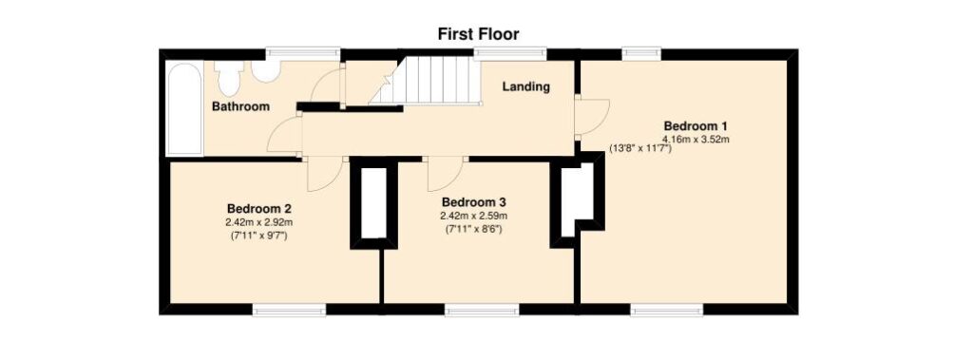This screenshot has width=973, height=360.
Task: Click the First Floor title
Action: [479, 33]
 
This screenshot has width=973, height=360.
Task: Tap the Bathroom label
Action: [240, 106]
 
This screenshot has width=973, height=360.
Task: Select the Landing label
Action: [526, 86]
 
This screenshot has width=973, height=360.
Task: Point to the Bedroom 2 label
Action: [259, 208]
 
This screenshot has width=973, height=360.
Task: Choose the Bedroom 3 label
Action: [474, 202]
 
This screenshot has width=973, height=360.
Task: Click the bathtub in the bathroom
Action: [184, 108]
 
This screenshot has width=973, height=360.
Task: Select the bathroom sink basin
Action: [266, 71]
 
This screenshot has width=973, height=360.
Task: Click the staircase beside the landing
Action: [426, 81]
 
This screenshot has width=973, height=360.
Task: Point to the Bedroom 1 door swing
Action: [591, 116]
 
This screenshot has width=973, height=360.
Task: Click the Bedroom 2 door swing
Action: [324, 175]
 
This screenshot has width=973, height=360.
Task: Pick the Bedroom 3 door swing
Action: [446, 175]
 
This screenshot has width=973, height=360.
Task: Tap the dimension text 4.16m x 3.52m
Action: [696, 139]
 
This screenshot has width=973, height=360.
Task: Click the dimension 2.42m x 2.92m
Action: [259, 221]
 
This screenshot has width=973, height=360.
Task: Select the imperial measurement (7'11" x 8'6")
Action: [474, 229]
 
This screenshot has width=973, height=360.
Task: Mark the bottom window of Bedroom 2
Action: [289, 309]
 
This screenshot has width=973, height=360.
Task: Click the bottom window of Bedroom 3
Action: [482, 309]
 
